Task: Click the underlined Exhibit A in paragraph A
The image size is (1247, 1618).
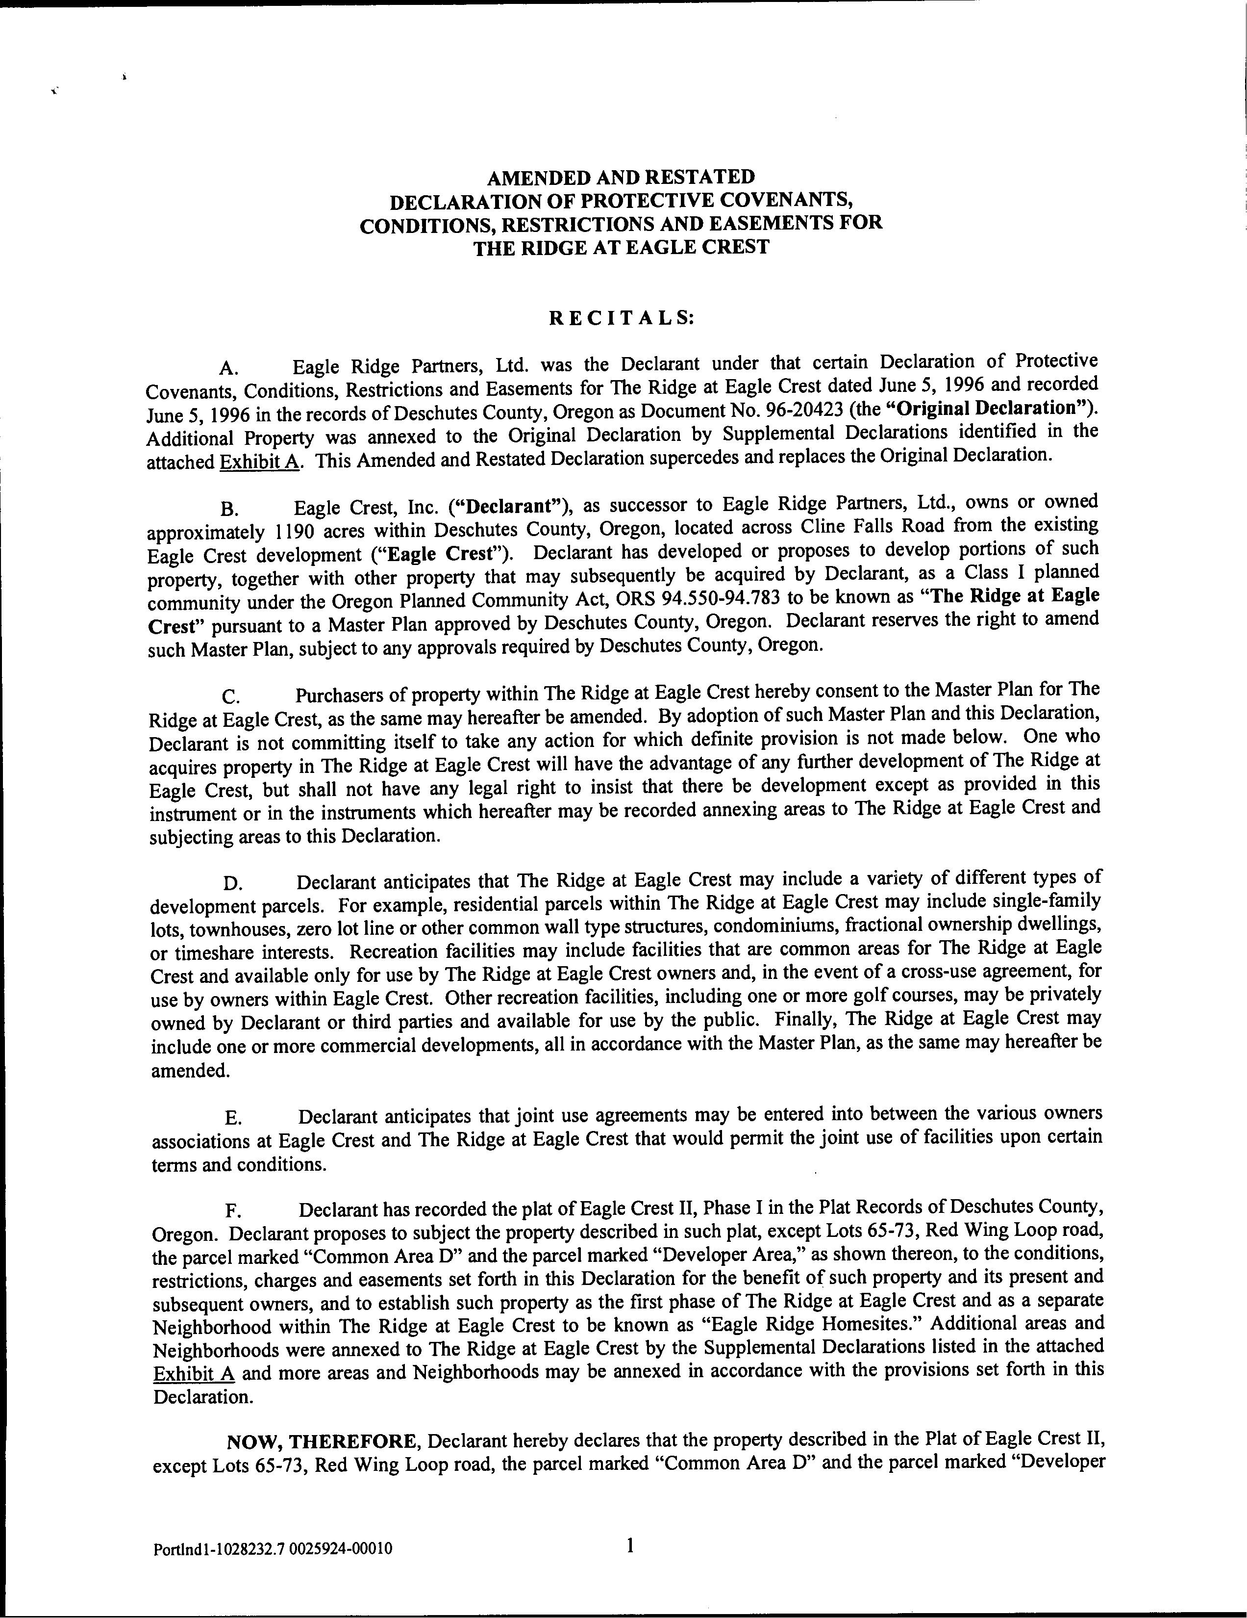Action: (259, 462)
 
